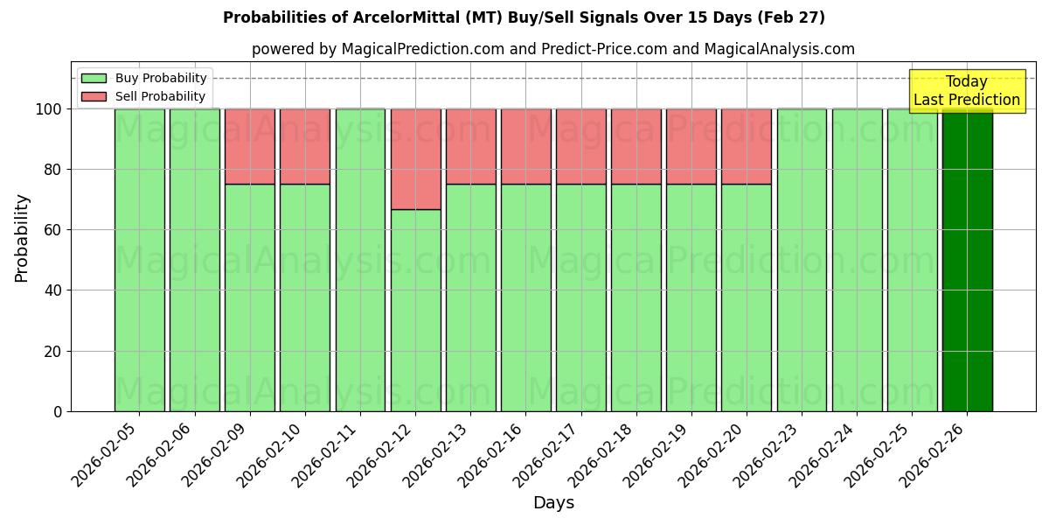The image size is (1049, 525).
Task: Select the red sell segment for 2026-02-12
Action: tap(415, 159)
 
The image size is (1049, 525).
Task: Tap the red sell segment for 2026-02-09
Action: tap(250, 146)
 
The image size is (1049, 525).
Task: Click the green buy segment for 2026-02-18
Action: tap(636, 297)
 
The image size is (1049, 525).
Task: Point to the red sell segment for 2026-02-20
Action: tap(747, 146)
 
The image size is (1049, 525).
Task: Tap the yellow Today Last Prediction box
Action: tap(967, 91)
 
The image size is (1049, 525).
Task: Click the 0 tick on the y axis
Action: tap(58, 411)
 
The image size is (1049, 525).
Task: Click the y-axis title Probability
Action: tap(22, 237)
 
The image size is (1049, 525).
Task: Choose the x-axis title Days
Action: tap(553, 503)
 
